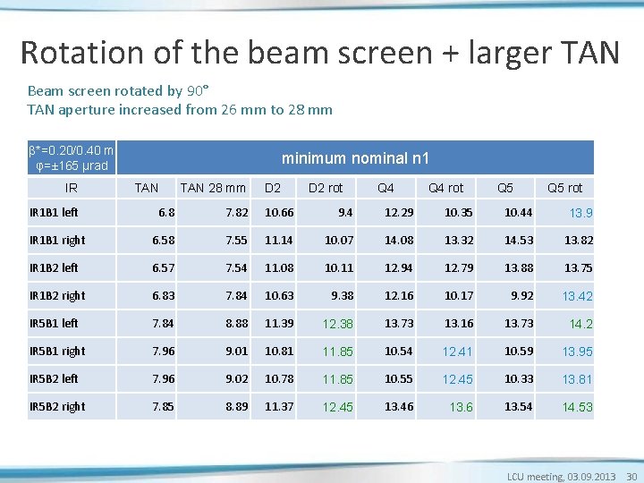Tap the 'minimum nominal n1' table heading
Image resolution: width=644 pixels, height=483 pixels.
pos(355,158)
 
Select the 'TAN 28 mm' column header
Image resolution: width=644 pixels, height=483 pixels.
pos(213,188)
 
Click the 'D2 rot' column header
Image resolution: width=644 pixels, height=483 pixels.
pos(326,188)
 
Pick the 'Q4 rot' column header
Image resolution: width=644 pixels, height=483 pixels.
pos(445,188)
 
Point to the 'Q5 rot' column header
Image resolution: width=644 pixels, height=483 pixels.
pos(564,188)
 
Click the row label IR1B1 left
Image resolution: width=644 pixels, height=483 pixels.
pos(54,212)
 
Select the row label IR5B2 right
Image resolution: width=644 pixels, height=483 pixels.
pos(57,406)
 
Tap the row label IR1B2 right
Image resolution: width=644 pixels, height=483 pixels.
pos(57,295)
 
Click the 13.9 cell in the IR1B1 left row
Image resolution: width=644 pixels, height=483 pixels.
pos(581,213)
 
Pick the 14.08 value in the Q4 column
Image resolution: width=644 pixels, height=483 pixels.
pos(399,240)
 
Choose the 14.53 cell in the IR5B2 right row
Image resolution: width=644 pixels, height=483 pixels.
pos(577,407)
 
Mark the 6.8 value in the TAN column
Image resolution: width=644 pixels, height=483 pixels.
pos(166,212)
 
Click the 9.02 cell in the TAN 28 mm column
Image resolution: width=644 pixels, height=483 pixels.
pos(233,378)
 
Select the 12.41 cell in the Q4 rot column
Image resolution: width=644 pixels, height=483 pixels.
pos(458,352)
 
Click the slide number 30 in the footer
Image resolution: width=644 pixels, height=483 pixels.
pos(631,477)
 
